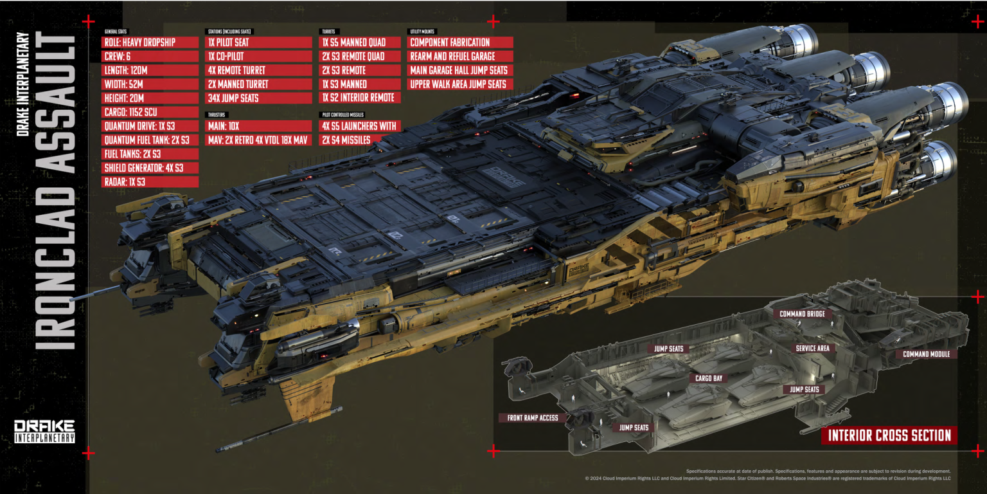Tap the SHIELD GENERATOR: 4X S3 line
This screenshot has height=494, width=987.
pos(150,168)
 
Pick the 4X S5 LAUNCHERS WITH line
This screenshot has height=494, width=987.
pos(360,127)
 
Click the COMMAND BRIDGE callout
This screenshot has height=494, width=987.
pos(801,315)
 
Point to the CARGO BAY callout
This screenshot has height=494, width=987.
pos(709,378)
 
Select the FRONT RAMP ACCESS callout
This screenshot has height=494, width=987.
pos(533,417)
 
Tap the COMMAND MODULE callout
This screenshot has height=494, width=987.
pos(925,354)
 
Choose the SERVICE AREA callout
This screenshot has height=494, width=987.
pos(812,349)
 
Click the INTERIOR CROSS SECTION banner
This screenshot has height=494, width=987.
pos(889,435)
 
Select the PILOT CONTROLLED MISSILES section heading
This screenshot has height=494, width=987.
pos(341,115)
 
